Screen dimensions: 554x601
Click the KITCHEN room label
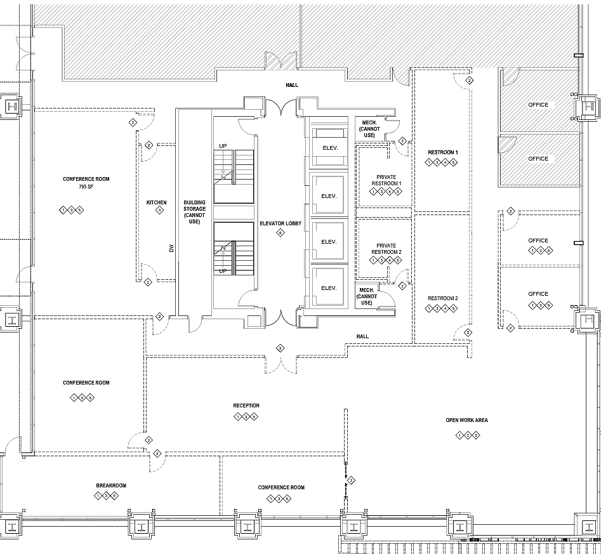(157, 202)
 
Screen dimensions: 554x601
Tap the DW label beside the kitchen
(171, 249)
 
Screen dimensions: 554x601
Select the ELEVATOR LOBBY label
(280, 224)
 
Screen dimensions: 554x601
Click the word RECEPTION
(246, 406)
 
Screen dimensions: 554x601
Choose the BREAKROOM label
(111, 485)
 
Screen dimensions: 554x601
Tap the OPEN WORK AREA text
(466, 420)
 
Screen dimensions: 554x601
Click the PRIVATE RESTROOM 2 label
(386, 249)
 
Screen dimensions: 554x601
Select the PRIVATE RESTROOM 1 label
(386, 180)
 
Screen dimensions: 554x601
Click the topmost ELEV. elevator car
(328, 149)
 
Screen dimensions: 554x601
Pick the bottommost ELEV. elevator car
(328, 287)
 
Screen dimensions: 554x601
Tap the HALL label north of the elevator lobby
(292, 84)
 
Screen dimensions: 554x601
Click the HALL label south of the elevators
(362, 336)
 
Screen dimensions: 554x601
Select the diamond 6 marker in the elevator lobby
(280, 234)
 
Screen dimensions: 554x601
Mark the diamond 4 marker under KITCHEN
(159, 211)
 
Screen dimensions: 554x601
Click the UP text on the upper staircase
(223, 146)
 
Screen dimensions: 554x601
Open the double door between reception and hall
(280, 363)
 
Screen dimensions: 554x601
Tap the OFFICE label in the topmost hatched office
(538, 104)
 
